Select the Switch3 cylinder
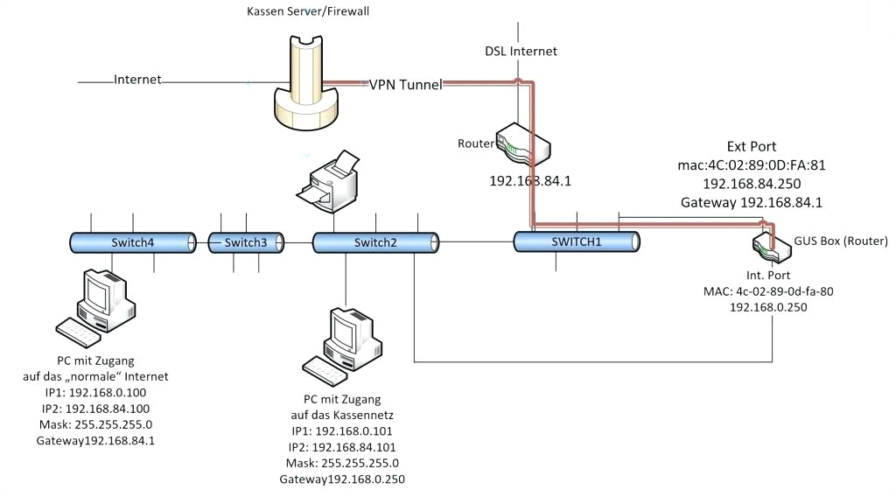tap(245, 242)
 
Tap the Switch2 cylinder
tap(374, 242)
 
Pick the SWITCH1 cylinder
tap(577, 241)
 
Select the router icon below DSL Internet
tap(522, 145)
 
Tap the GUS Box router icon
tap(769, 243)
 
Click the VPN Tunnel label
tap(405, 84)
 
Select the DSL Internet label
tap(521, 51)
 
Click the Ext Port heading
tap(751, 146)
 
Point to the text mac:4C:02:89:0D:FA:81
tap(751, 164)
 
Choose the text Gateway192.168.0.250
tap(342, 479)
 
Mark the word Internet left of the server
tap(137, 80)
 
